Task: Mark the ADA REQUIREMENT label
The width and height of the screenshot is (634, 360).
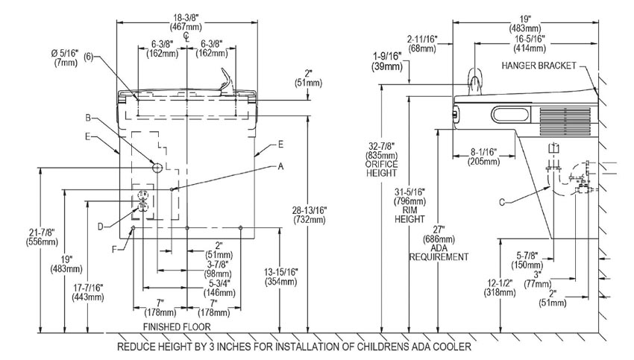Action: coord(439,256)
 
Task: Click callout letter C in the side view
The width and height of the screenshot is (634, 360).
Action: coord(502,200)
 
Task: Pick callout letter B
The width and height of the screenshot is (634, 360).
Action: coord(88,117)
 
